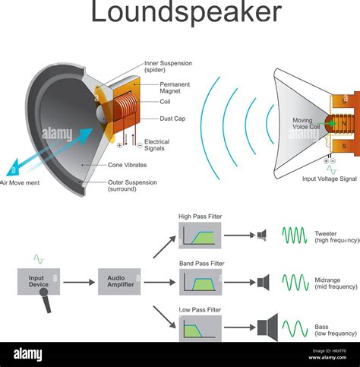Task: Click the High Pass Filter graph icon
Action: pyautogui.click(x=200, y=236)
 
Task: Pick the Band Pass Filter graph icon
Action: pyautogui.click(x=200, y=283)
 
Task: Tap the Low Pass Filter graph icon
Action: pyautogui.click(x=200, y=329)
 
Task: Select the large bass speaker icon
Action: pyautogui.click(x=267, y=327)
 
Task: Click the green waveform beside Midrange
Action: pyautogui.click(x=295, y=283)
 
